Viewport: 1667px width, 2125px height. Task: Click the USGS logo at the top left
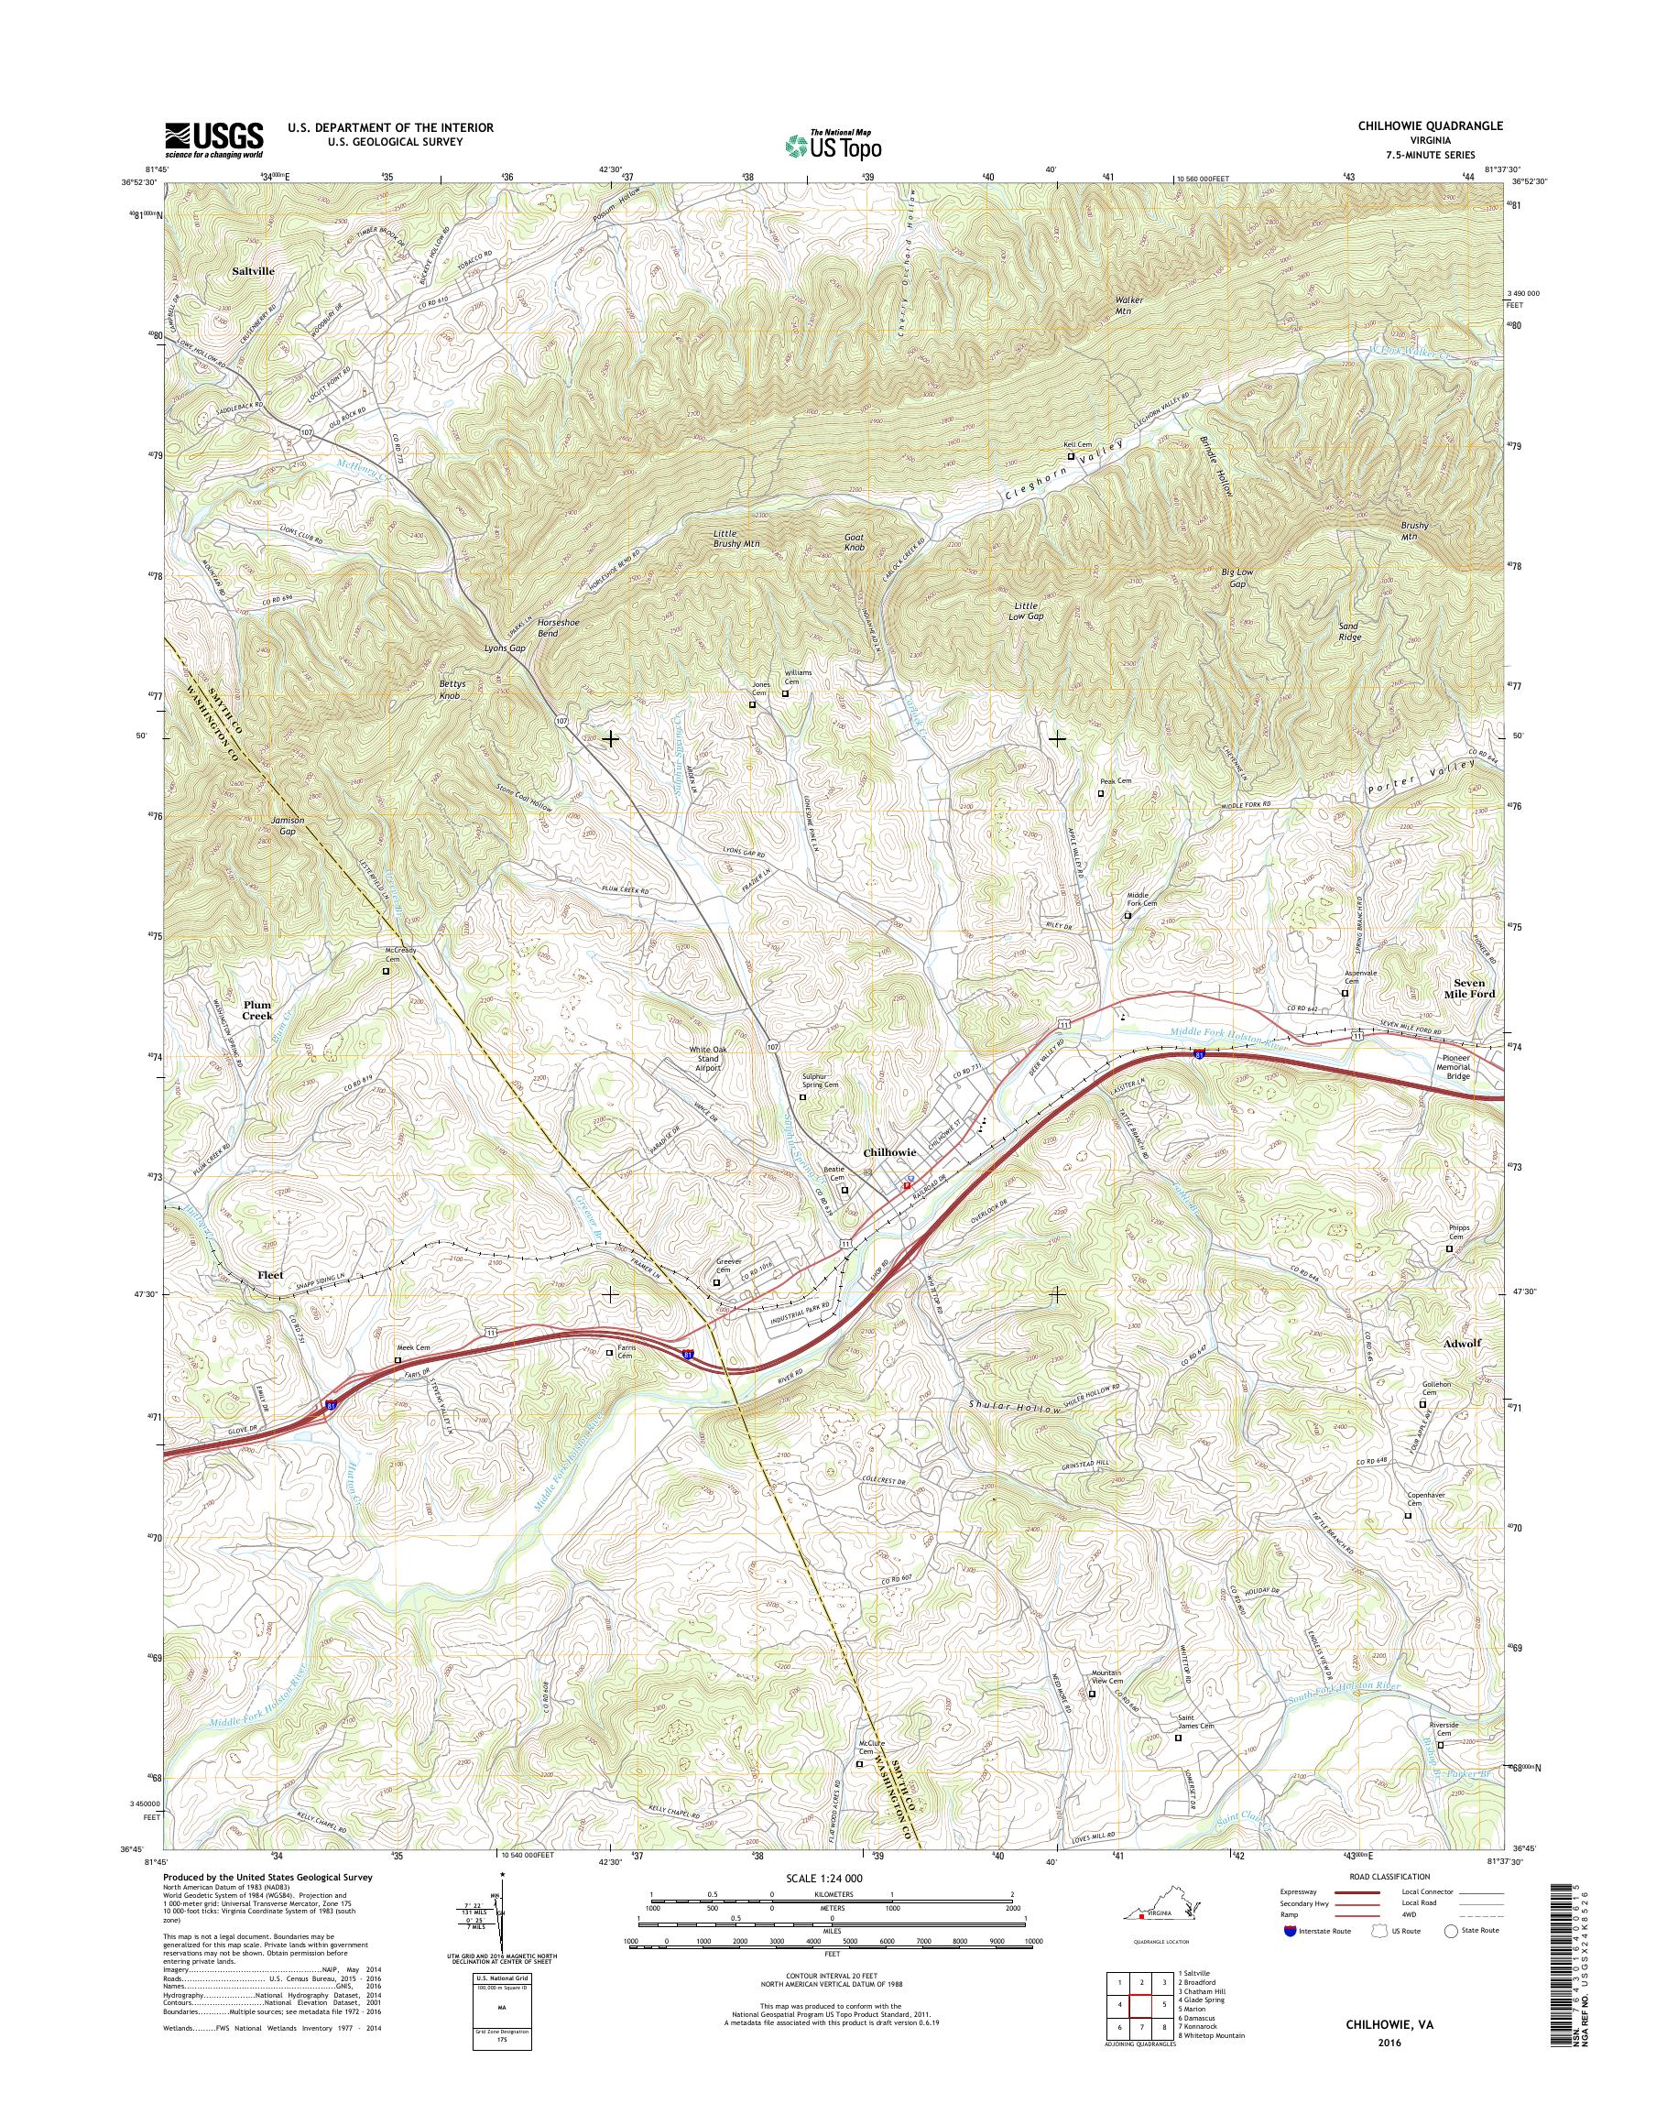click(x=213, y=139)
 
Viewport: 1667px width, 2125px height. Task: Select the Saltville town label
click(x=254, y=271)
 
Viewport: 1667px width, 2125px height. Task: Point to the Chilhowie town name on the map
click(x=889, y=1152)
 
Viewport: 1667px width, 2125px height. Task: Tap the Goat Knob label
click(x=854, y=543)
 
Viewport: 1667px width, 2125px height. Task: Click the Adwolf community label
click(x=1461, y=1343)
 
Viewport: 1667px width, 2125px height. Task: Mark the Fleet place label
click(x=269, y=1275)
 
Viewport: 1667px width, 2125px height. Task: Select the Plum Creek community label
click(x=257, y=1009)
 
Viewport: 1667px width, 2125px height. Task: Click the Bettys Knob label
click(x=449, y=690)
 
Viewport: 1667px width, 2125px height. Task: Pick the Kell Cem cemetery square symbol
click(x=1070, y=456)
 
